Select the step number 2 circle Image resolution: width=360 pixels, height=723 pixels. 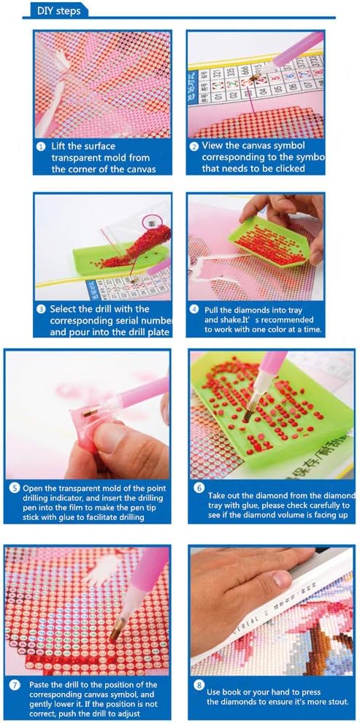tap(194, 145)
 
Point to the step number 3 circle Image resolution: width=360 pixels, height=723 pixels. tap(42, 308)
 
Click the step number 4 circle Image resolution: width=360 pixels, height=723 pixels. tap(194, 308)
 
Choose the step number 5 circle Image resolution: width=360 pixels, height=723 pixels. tap(14, 489)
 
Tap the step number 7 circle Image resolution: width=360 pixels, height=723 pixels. tap(14, 686)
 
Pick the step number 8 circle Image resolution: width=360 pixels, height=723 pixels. tap(199, 686)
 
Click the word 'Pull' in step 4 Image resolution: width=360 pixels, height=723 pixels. tap(212, 309)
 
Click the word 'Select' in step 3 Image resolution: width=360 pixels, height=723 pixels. tap(67, 308)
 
